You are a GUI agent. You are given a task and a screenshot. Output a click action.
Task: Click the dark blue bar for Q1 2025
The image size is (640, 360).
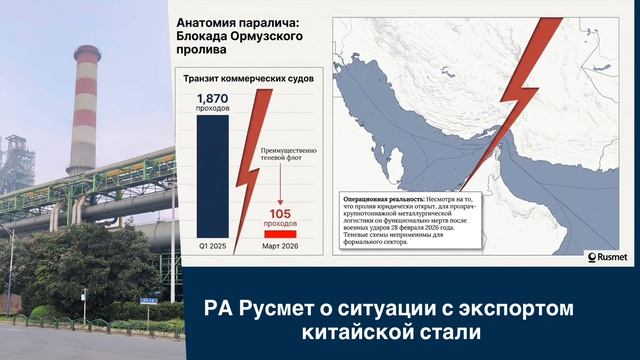[212, 175]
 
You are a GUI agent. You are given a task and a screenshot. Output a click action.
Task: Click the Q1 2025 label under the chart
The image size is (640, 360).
[212, 247]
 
